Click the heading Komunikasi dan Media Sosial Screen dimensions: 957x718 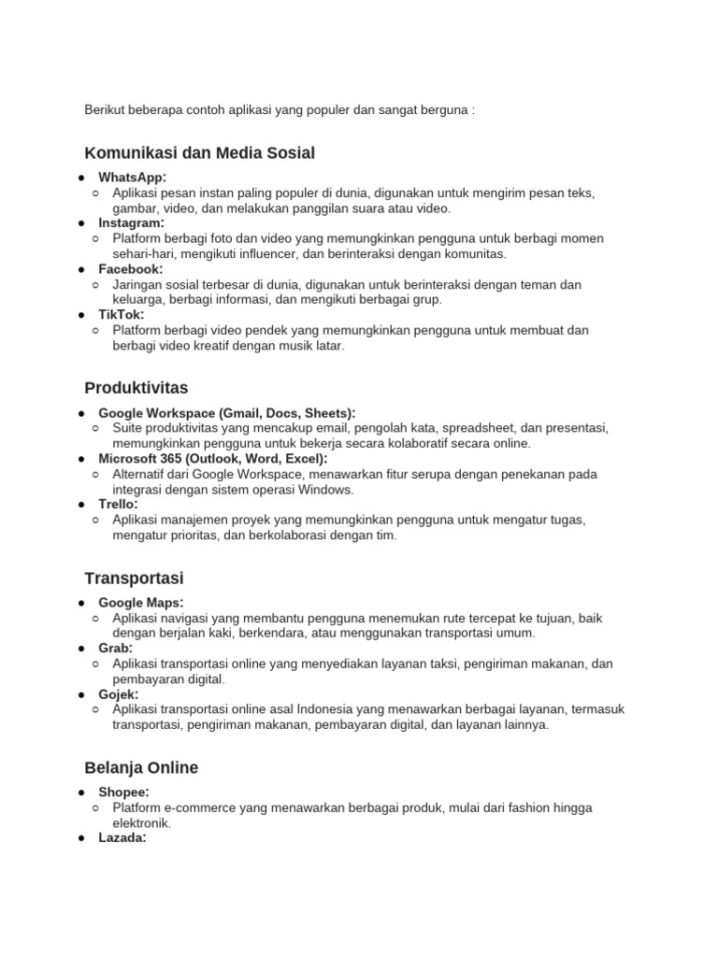[199, 152]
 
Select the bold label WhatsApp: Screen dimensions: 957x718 [133, 178]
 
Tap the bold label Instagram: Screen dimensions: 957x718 [131, 223]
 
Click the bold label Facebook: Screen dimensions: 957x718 [131, 269]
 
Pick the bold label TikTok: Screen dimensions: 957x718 [122, 315]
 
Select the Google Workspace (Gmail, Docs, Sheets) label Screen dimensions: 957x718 [227, 413]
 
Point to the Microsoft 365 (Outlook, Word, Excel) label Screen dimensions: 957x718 [213, 459]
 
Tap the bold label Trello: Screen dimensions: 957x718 [118, 505]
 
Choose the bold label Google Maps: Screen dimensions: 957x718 [141, 603]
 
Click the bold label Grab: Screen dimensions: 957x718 [116, 649]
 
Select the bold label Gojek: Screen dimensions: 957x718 [119, 694]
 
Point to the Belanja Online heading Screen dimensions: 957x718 [141, 767]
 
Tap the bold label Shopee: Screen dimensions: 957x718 [124, 793]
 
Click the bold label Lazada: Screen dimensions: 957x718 [122, 838]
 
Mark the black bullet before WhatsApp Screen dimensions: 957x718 [82, 178]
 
